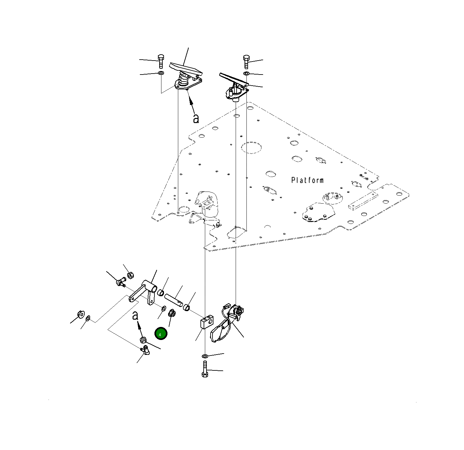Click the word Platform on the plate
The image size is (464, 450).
(x=307, y=180)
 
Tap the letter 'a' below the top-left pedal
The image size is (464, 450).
(x=196, y=119)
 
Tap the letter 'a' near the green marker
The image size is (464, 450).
(x=135, y=316)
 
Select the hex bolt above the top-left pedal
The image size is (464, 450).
(x=161, y=61)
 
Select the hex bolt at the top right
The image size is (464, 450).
(x=246, y=62)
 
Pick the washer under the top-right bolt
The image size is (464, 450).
(x=246, y=74)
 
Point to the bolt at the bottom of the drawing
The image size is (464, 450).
(x=205, y=369)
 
